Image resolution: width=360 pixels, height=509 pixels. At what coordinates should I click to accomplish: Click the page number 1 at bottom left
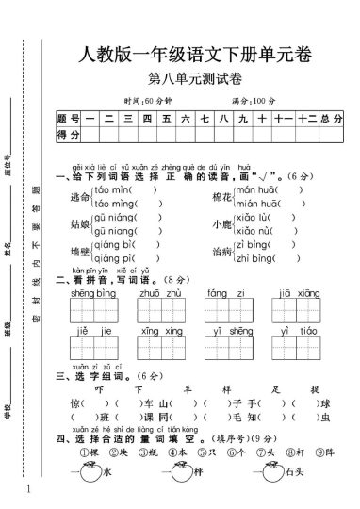point(30,489)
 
